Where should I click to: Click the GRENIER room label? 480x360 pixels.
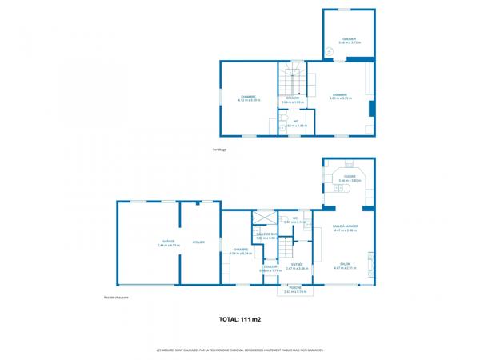[x=349, y=38]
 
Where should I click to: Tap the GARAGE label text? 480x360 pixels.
[x=168, y=240]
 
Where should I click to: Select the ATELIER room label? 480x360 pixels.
[x=199, y=240]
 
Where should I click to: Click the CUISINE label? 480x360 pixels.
[x=350, y=176]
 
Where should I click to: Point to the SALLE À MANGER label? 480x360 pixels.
[x=346, y=226]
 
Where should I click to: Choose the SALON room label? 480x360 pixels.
[x=346, y=264]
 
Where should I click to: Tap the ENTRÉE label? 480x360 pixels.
[x=297, y=264]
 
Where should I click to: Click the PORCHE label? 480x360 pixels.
[x=295, y=287]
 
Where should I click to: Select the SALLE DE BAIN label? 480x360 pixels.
[x=266, y=234]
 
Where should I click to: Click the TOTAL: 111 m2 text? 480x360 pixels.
[x=240, y=319]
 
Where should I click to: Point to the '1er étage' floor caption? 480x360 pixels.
[x=220, y=150]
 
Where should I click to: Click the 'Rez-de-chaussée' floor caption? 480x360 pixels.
[x=116, y=298]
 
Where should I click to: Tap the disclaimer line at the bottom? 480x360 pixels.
[x=240, y=350]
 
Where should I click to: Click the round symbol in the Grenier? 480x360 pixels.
[x=329, y=51]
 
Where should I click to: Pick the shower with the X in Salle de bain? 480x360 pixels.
[x=263, y=218]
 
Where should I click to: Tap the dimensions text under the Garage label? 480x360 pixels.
[x=168, y=245]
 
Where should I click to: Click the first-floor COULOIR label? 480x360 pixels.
[x=293, y=98]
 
